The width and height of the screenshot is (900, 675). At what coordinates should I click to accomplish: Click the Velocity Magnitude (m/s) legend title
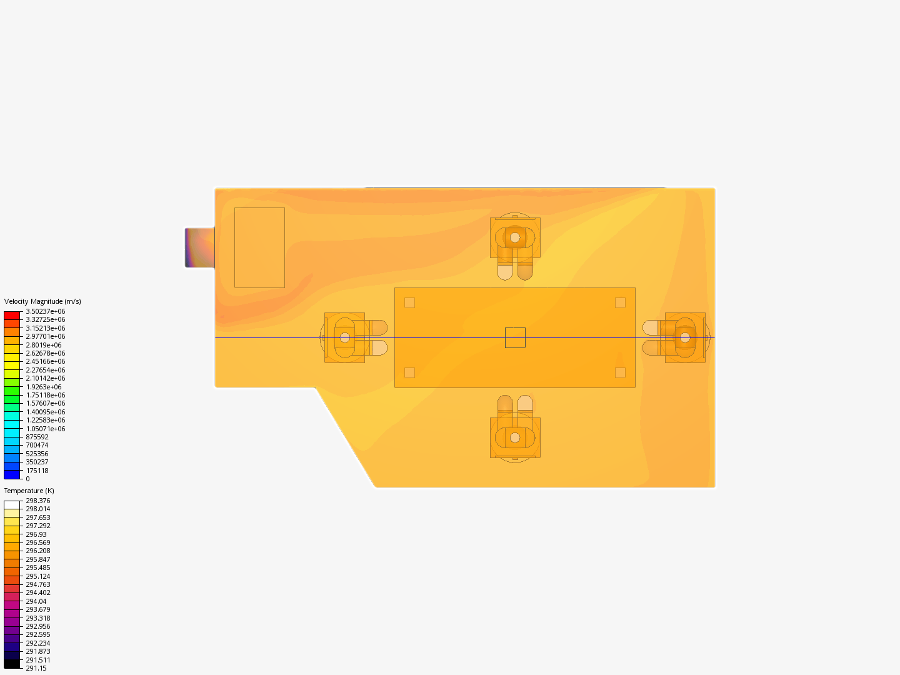point(42,301)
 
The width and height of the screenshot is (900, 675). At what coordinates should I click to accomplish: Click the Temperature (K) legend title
point(29,491)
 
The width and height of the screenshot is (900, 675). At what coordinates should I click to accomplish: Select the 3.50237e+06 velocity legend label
point(46,311)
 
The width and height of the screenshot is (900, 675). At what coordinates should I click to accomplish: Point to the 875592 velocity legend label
point(37,437)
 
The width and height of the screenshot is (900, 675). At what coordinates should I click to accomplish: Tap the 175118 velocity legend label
point(37,471)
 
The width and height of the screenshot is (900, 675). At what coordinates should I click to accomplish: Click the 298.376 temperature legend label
point(38,501)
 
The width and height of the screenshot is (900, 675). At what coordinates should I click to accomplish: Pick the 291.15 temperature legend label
point(36,668)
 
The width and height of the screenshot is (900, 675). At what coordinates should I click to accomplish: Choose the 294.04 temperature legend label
point(36,601)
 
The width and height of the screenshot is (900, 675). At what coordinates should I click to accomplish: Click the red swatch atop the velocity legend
point(12,316)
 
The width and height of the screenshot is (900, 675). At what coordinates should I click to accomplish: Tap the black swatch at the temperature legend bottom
point(12,664)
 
